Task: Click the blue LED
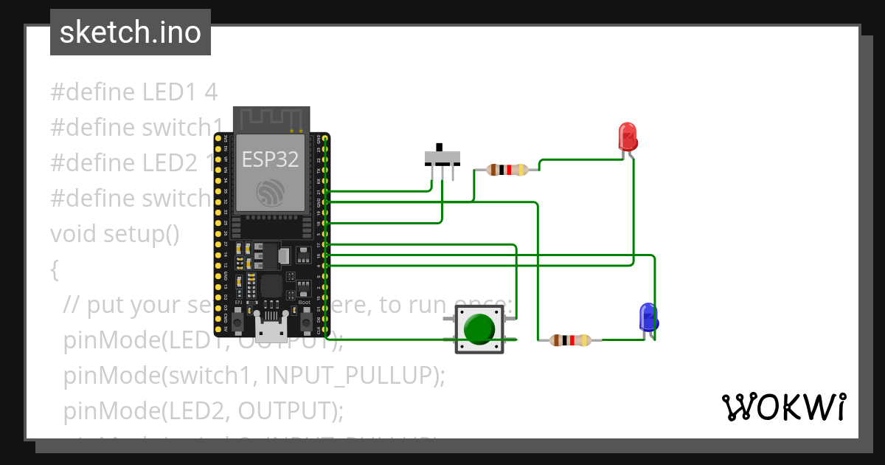point(648,317)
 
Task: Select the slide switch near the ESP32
point(442,157)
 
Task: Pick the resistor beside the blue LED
point(571,340)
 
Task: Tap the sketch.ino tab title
point(131,32)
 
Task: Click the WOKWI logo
point(783,407)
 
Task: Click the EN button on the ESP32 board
point(238,321)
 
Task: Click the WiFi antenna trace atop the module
point(270,119)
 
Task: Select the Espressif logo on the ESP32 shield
point(270,193)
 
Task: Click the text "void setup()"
point(114,234)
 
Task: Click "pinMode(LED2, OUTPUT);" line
point(204,410)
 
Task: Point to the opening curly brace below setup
point(55,269)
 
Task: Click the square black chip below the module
point(271,286)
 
